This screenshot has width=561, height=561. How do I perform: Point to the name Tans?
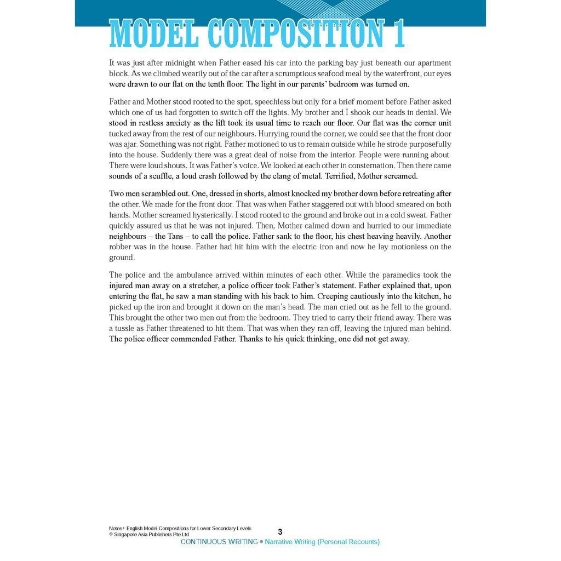pos(174,236)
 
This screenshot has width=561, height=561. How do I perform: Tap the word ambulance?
pos(199,275)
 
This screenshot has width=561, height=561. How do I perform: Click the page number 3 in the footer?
pos(280,531)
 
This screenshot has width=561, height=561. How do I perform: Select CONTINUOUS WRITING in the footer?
pos(219,542)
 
